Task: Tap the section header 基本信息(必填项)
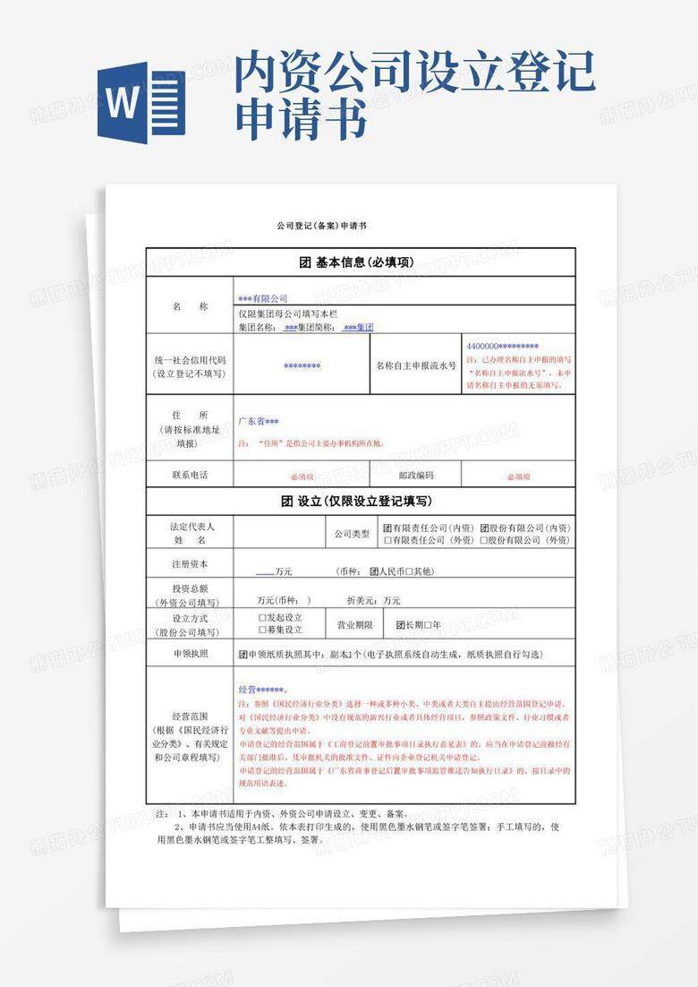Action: click(361, 262)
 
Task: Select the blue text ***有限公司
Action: click(262, 297)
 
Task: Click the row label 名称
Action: click(190, 306)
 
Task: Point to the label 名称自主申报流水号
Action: click(416, 365)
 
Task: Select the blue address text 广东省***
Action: click(259, 421)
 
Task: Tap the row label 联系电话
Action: click(190, 475)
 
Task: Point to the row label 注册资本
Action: click(190, 564)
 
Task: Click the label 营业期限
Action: click(354, 624)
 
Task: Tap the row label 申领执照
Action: click(190, 654)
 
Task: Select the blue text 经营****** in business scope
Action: click(261, 690)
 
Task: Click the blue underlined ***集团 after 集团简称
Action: click(358, 328)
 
